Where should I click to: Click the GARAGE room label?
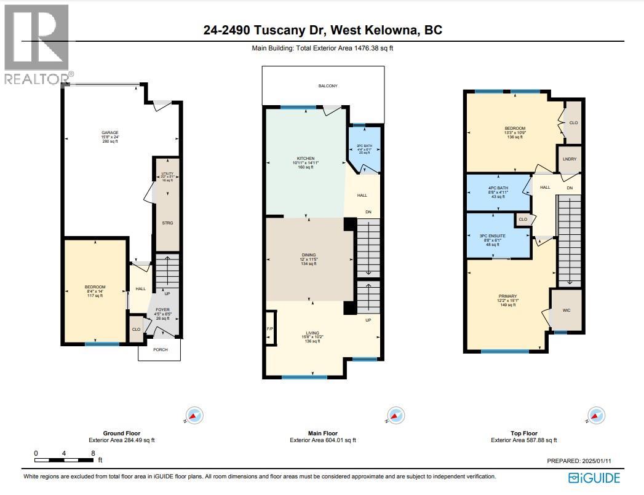pos(109,132)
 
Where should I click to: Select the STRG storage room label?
pos(167,223)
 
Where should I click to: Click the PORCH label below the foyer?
pos(160,349)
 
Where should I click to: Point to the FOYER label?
pos(162,310)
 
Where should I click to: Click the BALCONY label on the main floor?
pos(328,86)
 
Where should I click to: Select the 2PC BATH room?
pos(364,149)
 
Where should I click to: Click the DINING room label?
pos(308,255)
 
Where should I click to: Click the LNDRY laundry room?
pos(568,159)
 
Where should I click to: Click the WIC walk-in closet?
pos(566,311)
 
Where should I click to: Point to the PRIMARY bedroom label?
pos(507,296)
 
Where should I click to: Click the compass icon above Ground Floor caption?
pos(192,416)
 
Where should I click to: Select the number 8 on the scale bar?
pos(93,453)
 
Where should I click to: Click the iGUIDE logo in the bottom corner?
pos(594,477)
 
